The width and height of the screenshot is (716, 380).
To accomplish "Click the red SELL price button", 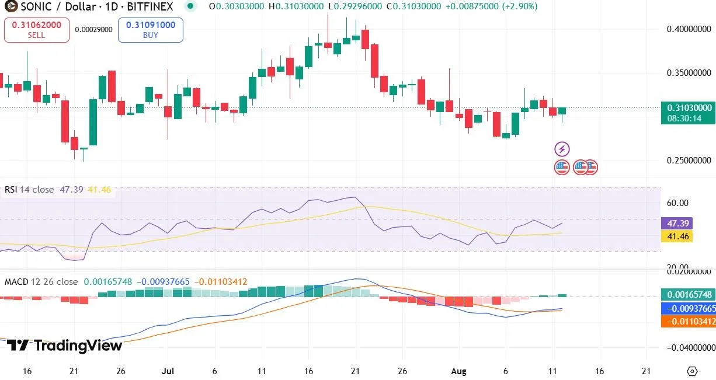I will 36,30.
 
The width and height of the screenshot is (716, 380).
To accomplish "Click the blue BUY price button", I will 150,30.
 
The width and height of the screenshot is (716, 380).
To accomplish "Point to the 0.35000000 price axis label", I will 689,74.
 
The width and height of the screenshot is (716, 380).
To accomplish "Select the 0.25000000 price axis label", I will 689,161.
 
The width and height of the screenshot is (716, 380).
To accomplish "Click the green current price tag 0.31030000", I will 689,108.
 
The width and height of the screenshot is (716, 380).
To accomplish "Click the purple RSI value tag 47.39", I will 676,224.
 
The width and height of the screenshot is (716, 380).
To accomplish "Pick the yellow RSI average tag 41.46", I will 676,236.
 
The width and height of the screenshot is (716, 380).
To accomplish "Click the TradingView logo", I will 64,346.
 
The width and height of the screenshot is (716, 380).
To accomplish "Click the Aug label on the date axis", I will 458,371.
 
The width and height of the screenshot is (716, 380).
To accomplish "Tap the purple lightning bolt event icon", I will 561,149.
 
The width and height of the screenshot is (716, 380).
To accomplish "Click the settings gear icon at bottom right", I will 693,371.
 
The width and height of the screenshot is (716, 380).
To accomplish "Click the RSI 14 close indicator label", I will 29,190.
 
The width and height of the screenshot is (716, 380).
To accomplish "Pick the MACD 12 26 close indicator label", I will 41,282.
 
